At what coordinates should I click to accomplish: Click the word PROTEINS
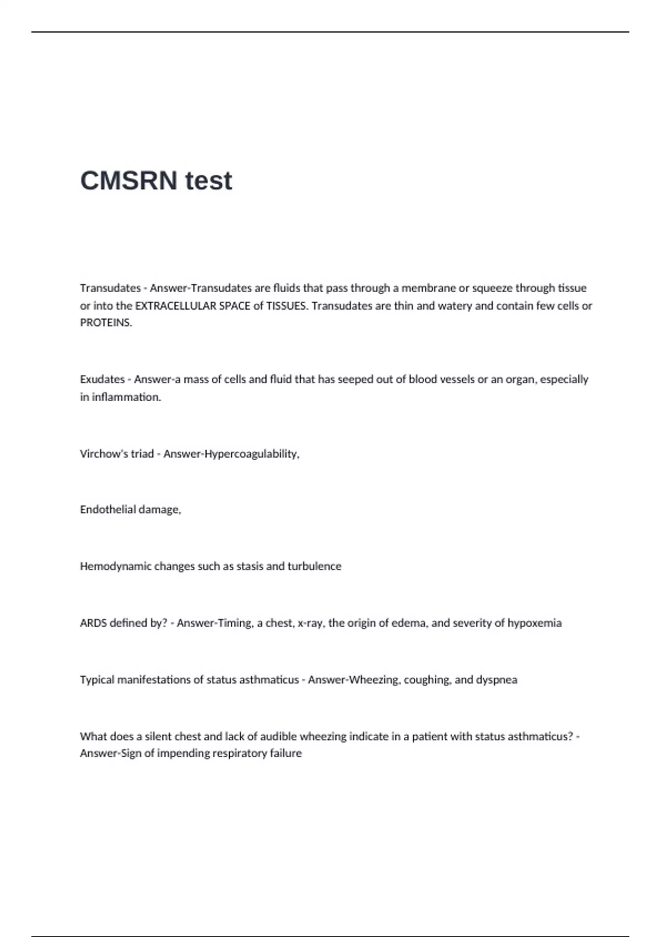105,323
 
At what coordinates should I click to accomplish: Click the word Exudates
102,380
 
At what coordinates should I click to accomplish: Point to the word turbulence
315,567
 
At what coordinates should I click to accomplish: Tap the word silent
158,737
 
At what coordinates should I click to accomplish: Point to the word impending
181,753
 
